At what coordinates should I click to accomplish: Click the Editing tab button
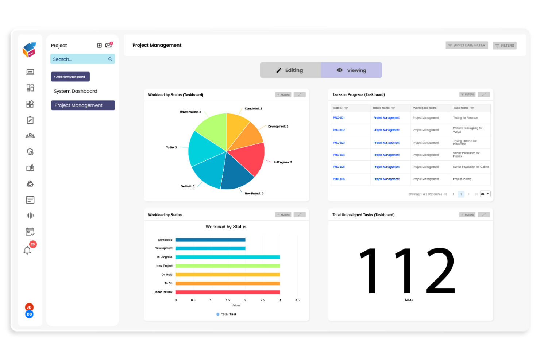coord(290,70)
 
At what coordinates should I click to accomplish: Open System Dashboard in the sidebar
coord(76,91)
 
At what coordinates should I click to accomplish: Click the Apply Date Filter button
coord(467,46)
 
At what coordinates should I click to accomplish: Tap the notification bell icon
coord(27,250)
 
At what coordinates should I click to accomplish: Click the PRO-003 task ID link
coord(339,143)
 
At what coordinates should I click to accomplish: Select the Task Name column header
coord(461,108)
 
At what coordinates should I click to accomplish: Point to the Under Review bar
coord(228,292)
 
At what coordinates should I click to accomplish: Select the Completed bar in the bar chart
coord(210,240)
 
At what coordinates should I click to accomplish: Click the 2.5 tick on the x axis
coord(263,300)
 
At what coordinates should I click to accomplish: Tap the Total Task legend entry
coord(227,314)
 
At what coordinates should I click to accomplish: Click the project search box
coord(80,59)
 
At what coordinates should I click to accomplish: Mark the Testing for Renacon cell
coord(465,118)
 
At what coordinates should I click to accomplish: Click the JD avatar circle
coord(29,307)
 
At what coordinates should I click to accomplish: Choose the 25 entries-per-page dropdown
coord(485,194)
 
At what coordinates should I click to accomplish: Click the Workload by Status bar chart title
coord(226,227)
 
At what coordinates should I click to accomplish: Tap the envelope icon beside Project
coord(109,46)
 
